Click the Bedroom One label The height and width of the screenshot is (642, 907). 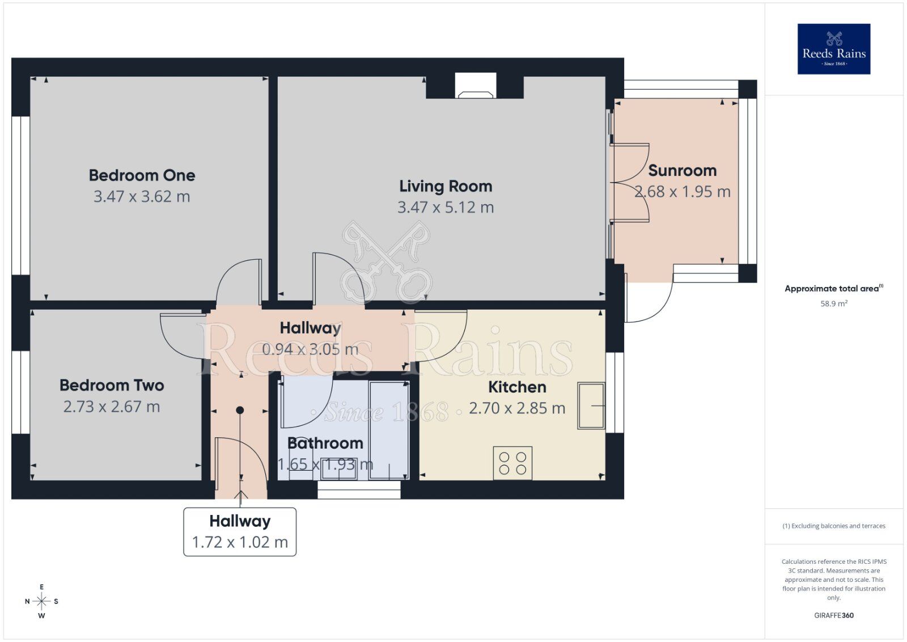tap(142, 175)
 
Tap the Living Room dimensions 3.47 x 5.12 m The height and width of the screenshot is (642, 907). tap(446, 208)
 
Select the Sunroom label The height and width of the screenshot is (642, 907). tap(682, 171)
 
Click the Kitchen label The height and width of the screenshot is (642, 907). tap(517, 387)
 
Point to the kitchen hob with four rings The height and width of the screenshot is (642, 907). tap(512, 463)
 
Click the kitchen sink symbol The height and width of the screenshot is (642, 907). tap(591, 406)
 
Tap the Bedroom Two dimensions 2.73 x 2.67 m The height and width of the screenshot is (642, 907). tap(112, 407)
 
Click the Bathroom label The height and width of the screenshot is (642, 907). tap(325, 444)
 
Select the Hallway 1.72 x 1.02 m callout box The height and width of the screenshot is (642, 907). tap(240, 531)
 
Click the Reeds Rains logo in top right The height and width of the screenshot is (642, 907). tap(833, 49)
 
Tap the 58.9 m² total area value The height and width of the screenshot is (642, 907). tap(833, 304)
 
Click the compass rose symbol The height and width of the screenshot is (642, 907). tap(41, 601)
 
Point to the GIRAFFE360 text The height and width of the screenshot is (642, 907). tap(833, 615)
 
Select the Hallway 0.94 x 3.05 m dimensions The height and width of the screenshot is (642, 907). tap(310, 349)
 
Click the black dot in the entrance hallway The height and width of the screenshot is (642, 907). tap(240, 410)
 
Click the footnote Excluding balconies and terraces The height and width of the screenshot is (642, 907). tap(833, 526)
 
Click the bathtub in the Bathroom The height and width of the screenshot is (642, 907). tap(388, 430)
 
